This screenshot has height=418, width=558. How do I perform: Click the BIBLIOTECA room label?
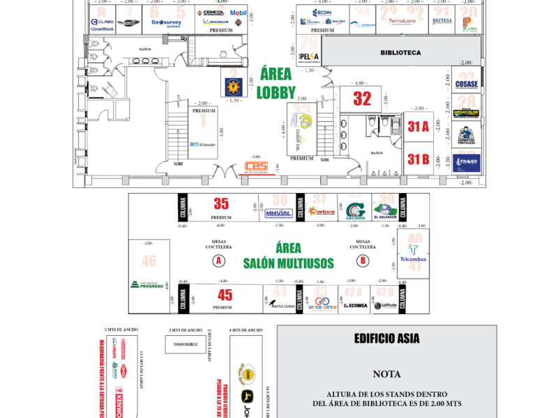coord(400,52)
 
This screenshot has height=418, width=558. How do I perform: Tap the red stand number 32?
coord(362,99)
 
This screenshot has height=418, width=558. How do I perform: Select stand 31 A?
coord(418,127)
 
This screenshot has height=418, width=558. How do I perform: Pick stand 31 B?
coord(418,159)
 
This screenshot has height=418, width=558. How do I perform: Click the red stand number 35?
coord(221,203)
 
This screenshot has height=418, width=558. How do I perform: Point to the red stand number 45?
coord(225,295)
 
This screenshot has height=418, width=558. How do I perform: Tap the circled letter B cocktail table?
coord(362,261)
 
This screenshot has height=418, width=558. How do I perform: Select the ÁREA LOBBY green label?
coord(277,83)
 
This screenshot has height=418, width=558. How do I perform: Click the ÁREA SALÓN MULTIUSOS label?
coord(289,256)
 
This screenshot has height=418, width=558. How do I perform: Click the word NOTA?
coord(386,373)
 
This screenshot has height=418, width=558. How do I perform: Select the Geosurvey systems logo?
coord(166,22)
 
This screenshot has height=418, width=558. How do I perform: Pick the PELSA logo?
coord(308,56)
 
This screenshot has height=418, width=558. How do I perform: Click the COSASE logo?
coord(466,85)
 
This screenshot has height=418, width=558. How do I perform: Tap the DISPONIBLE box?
coord(186,343)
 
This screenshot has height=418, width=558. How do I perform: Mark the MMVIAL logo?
coord(279,213)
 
